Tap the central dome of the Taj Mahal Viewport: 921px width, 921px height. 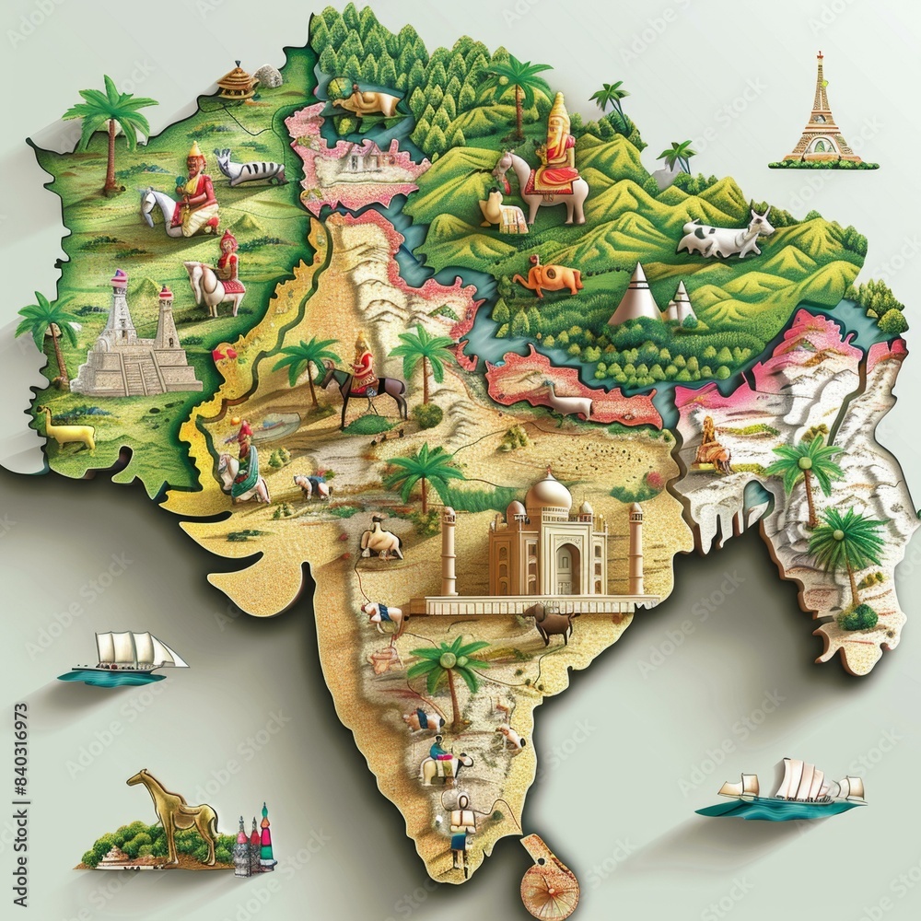[547, 495]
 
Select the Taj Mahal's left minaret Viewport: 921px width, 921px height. [449, 550]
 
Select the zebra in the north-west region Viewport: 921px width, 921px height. [251, 169]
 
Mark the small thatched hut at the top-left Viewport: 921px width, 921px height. [238, 81]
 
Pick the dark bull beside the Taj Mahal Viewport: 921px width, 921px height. [550, 624]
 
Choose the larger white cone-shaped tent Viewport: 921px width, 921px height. [636, 295]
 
